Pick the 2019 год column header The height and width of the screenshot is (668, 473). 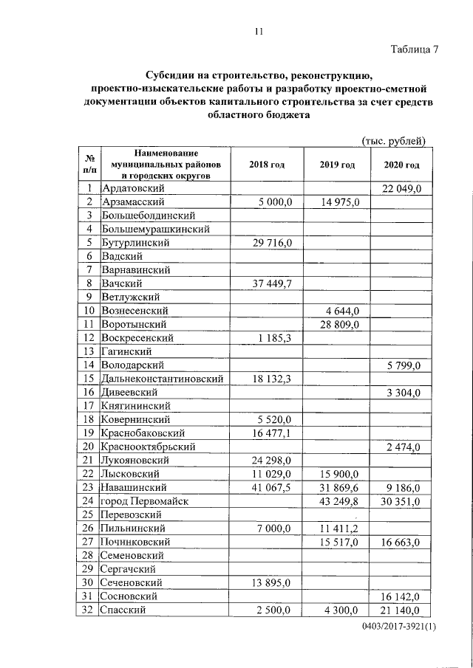[336, 165]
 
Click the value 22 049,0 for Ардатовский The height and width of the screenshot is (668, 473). [401, 190]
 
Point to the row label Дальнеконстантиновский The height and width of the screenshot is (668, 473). [163, 378]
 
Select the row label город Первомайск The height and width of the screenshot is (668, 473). [146, 501]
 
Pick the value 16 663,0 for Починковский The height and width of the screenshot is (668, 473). [401, 543]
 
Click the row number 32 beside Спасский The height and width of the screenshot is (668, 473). [88, 610]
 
